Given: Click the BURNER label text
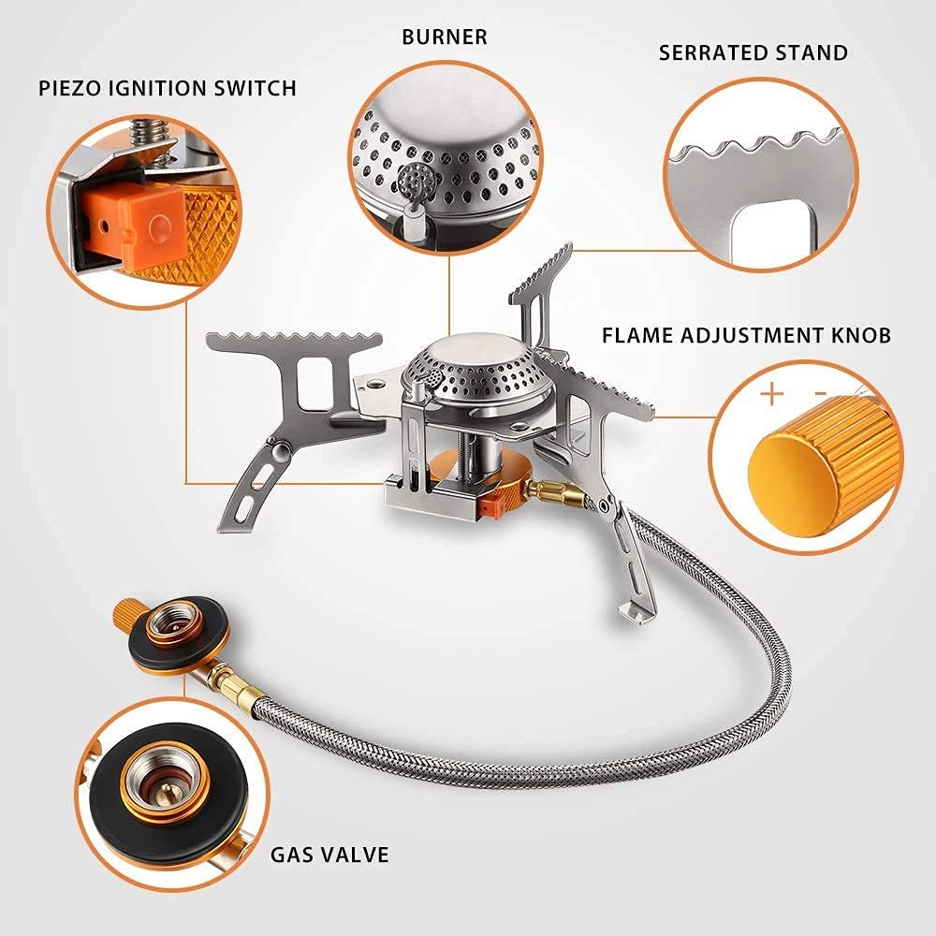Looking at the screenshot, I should [x=445, y=37].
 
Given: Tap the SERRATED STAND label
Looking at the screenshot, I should [x=753, y=51].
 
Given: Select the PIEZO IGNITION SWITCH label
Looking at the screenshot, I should [x=168, y=89].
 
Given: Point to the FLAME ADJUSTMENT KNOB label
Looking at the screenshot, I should [x=746, y=335].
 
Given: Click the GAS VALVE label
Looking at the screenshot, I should [x=329, y=854].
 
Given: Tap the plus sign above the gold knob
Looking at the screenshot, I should [x=771, y=393].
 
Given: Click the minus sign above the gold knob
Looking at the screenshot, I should [x=820, y=393].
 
